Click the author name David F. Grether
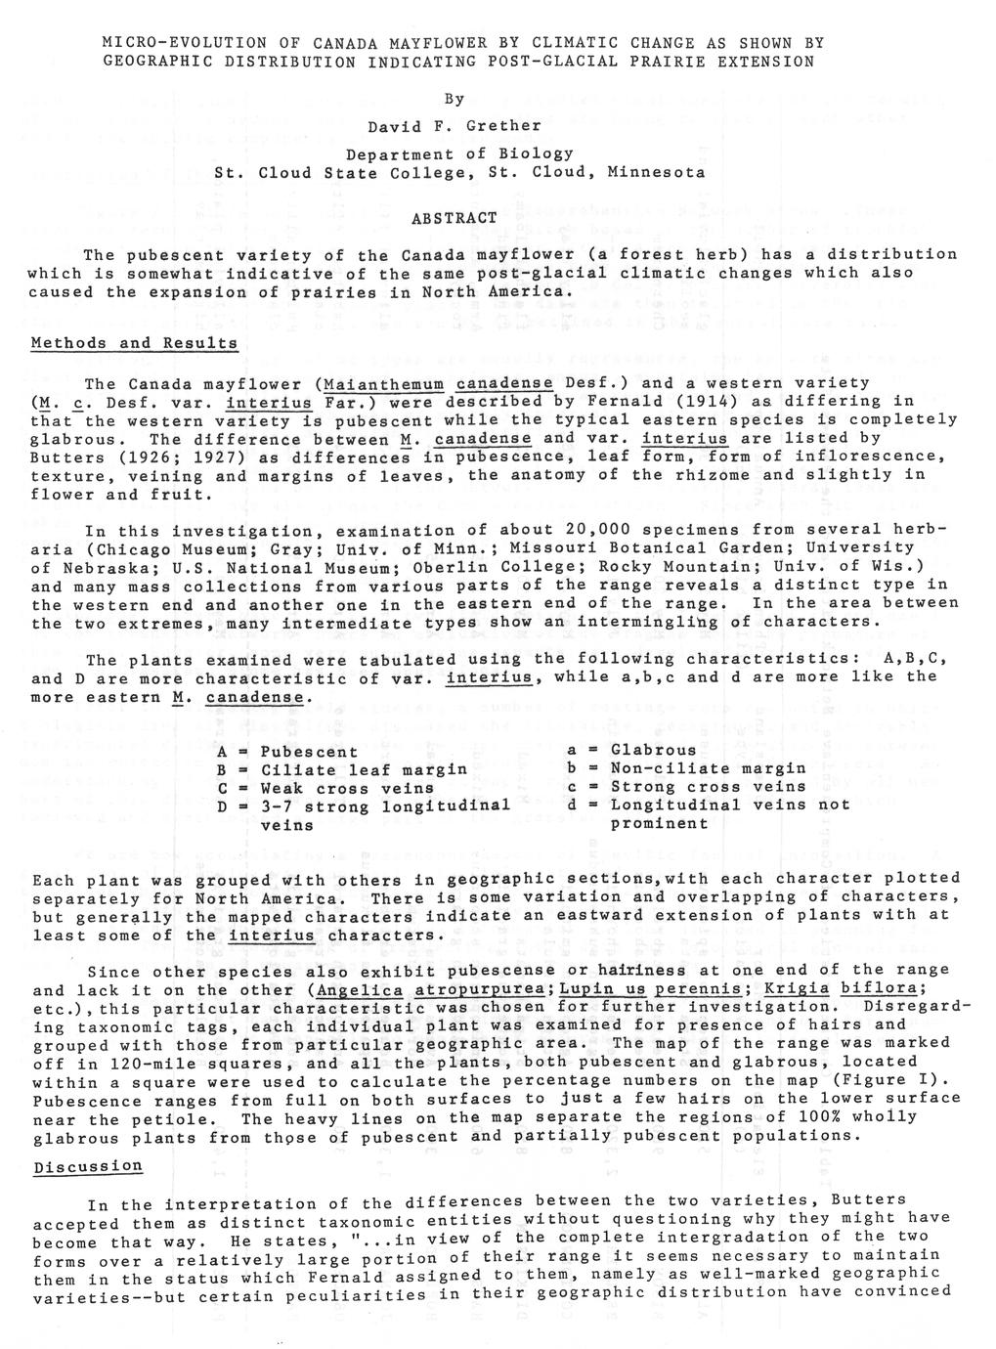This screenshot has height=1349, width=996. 454,126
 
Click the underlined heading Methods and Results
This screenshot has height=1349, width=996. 135,343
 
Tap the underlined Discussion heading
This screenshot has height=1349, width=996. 88,1166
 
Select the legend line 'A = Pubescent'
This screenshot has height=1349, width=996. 287,752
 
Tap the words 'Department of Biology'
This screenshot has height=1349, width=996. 459,153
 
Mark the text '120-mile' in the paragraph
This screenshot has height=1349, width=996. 159,1063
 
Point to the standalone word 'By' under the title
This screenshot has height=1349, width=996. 454,99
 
